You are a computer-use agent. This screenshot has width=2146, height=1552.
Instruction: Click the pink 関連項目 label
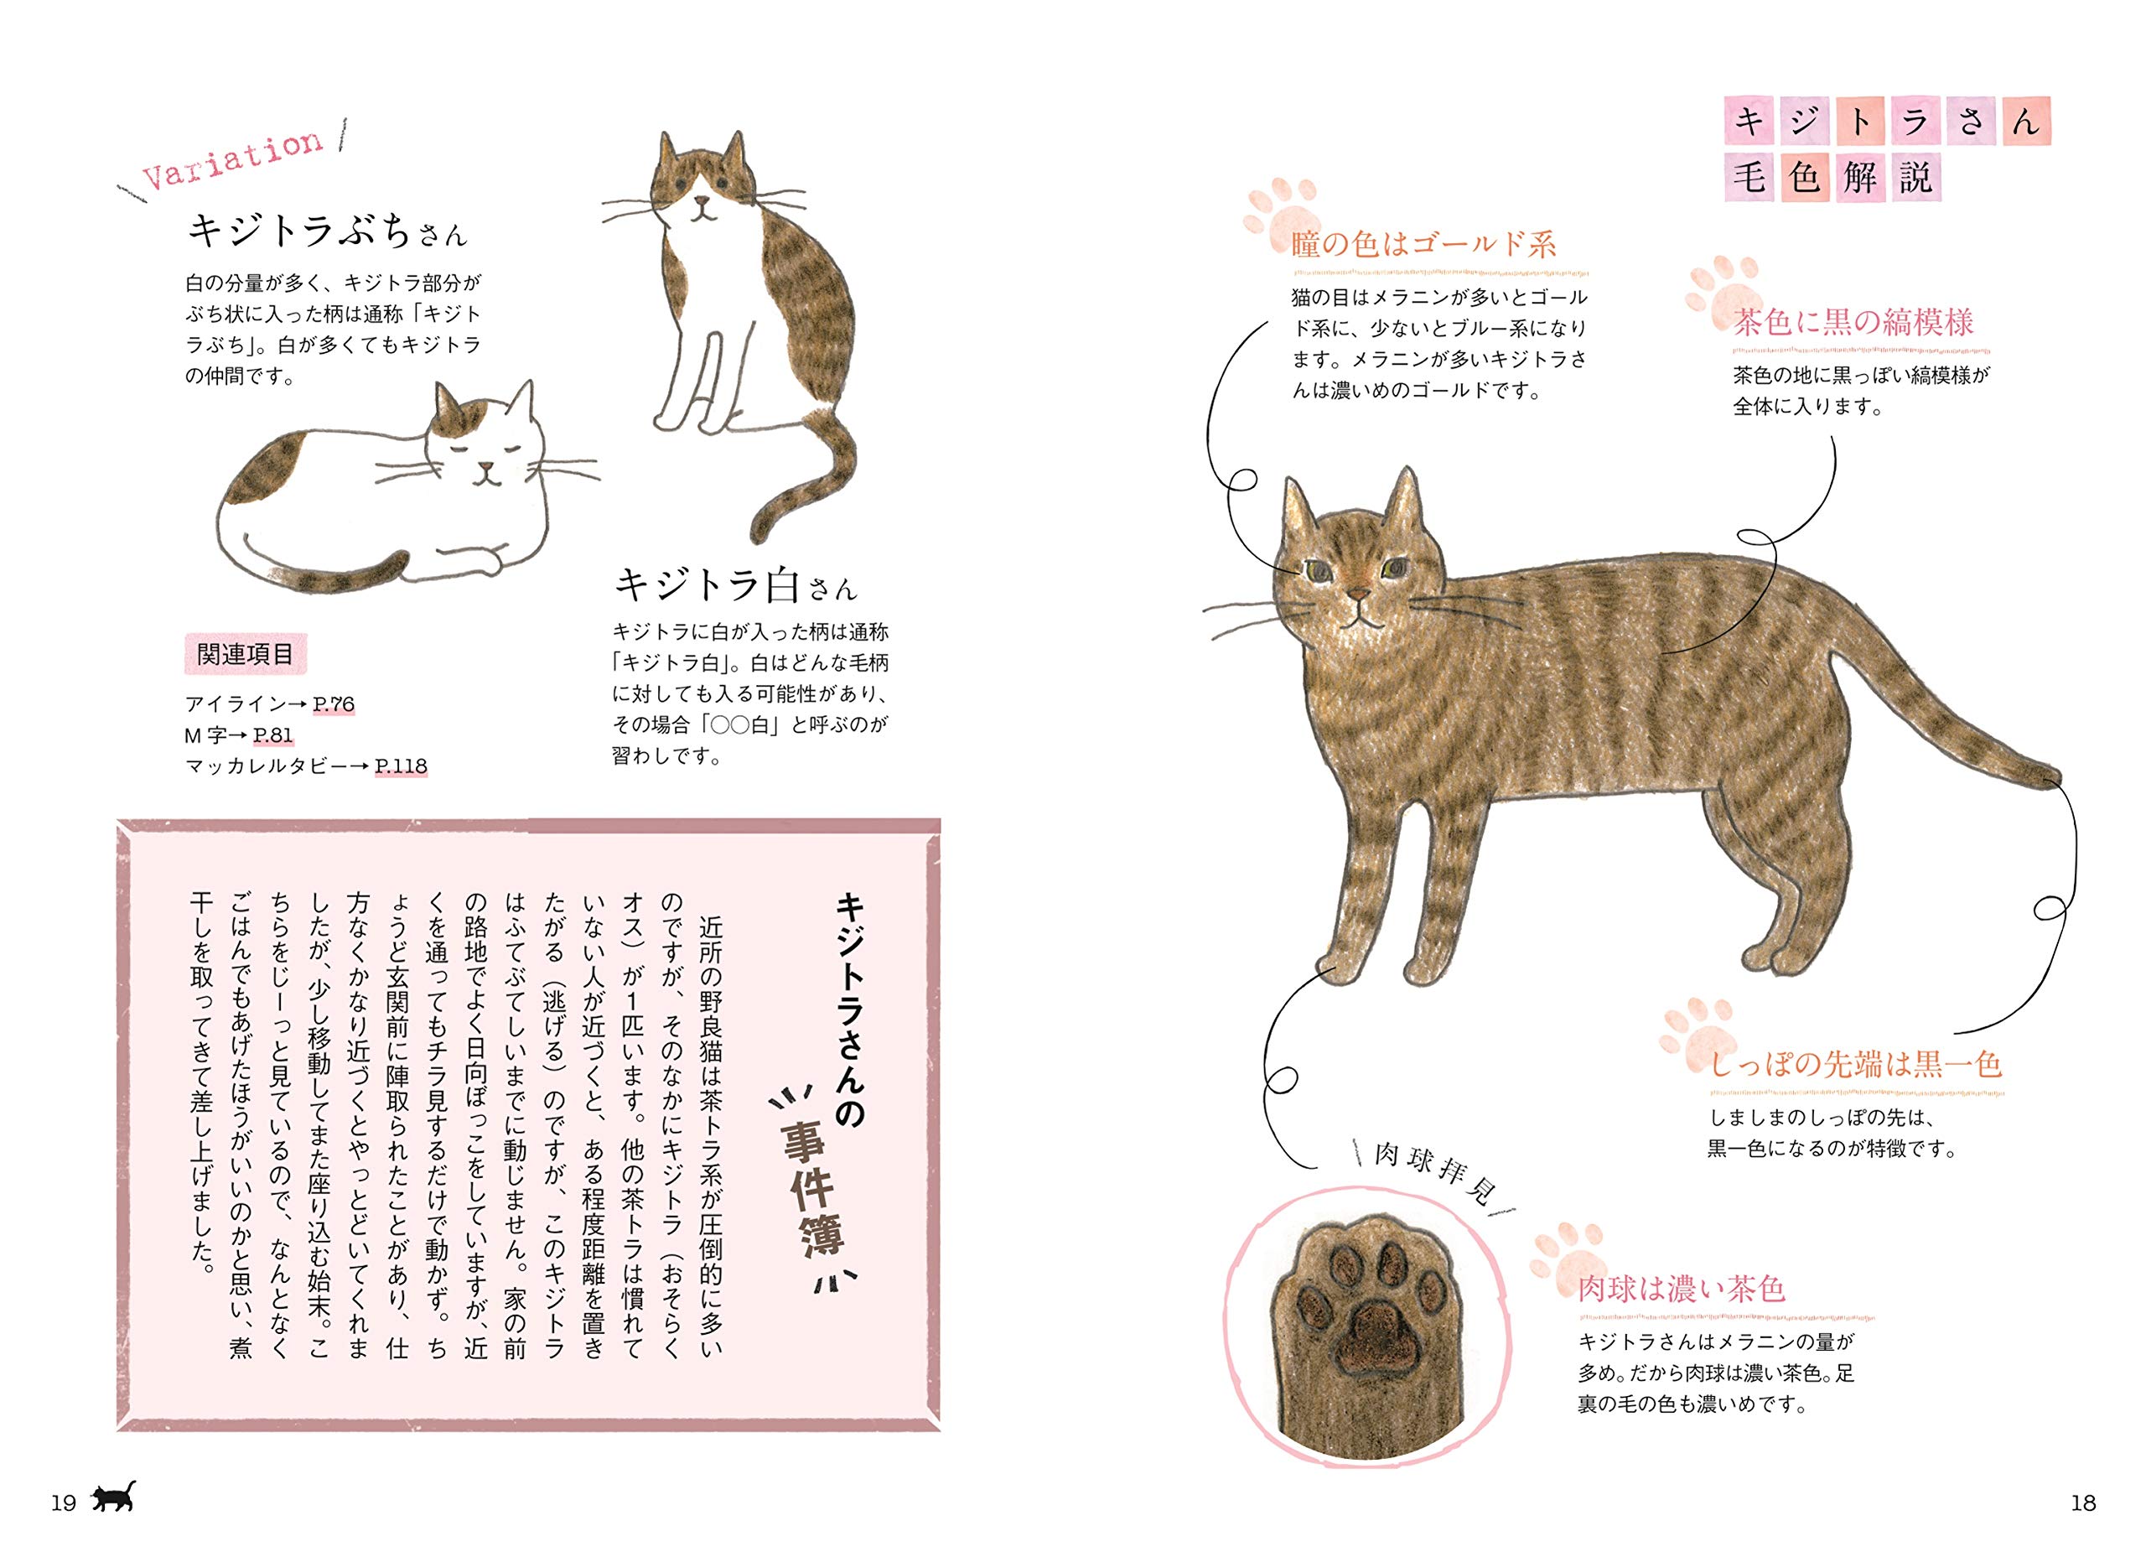tap(244, 654)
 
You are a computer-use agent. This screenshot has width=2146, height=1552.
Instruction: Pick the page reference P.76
tap(333, 704)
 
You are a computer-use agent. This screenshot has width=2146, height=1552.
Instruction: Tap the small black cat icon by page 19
tap(112, 1497)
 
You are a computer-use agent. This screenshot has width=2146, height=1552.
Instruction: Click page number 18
tap(2082, 1503)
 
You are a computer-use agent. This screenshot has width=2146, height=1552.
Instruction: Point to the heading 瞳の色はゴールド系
tap(1423, 245)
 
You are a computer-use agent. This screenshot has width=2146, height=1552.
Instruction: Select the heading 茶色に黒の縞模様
tap(1853, 323)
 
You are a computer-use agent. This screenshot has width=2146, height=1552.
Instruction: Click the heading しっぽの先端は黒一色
tap(1854, 1065)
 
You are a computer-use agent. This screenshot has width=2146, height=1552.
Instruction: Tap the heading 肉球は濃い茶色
tap(1681, 1289)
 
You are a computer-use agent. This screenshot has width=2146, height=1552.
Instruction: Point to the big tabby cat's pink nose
tap(1358, 594)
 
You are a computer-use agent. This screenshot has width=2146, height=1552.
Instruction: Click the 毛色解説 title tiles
tap(1832, 177)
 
